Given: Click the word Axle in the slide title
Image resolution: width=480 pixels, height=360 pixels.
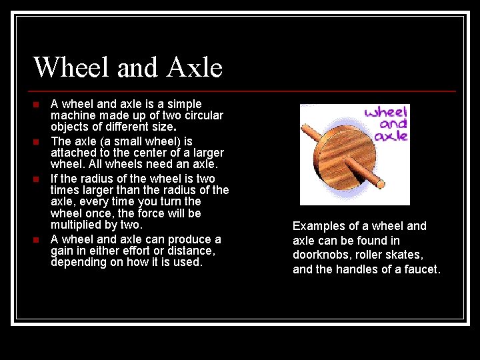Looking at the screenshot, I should point(195,67).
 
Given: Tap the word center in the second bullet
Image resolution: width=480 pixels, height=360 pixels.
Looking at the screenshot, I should point(140,153).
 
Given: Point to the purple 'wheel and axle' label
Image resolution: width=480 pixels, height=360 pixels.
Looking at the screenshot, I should point(386,123).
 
